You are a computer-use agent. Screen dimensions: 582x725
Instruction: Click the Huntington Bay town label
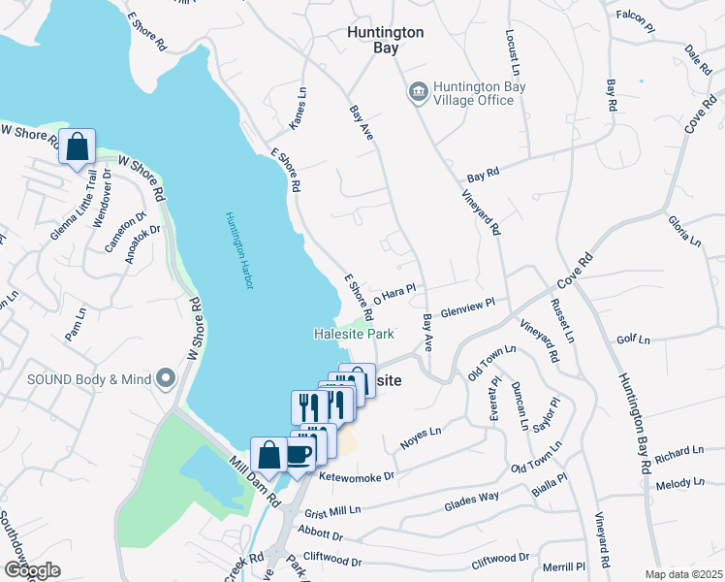[385, 41]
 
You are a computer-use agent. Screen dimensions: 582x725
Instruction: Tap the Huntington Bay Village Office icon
[419, 92]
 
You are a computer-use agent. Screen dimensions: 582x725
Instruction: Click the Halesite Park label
[353, 334]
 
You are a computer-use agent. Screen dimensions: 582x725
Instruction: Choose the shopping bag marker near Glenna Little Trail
[77, 146]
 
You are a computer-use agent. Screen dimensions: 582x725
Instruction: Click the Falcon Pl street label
[636, 16]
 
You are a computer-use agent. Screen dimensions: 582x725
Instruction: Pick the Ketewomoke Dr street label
[357, 476]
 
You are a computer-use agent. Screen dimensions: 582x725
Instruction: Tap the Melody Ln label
[679, 482]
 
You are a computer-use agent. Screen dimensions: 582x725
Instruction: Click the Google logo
[32, 569]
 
